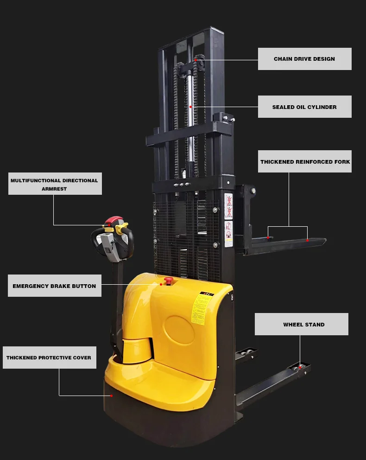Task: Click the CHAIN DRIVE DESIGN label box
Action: tap(304, 59)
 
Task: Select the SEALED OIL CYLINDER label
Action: tap(304, 107)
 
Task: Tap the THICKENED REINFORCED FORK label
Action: tap(304, 162)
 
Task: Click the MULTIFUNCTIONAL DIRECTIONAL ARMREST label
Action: tap(55, 184)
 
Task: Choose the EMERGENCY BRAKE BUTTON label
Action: tap(54, 286)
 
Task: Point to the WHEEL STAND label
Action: tap(301, 325)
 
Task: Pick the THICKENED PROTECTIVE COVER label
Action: tap(49, 358)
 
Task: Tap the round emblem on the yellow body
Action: tap(179, 330)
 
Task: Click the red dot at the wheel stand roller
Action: tap(300, 368)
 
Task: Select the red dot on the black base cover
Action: tap(111, 396)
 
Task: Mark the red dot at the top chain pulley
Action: tap(196, 60)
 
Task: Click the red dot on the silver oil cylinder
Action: tap(190, 107)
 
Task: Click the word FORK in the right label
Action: tap(342, 162)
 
